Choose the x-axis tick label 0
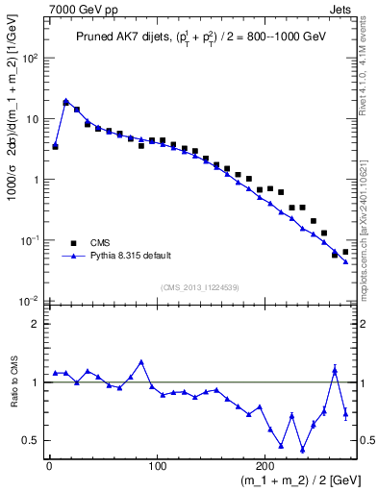49,466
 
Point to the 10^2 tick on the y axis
30,59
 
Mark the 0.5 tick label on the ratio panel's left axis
30,440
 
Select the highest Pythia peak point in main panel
65,100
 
